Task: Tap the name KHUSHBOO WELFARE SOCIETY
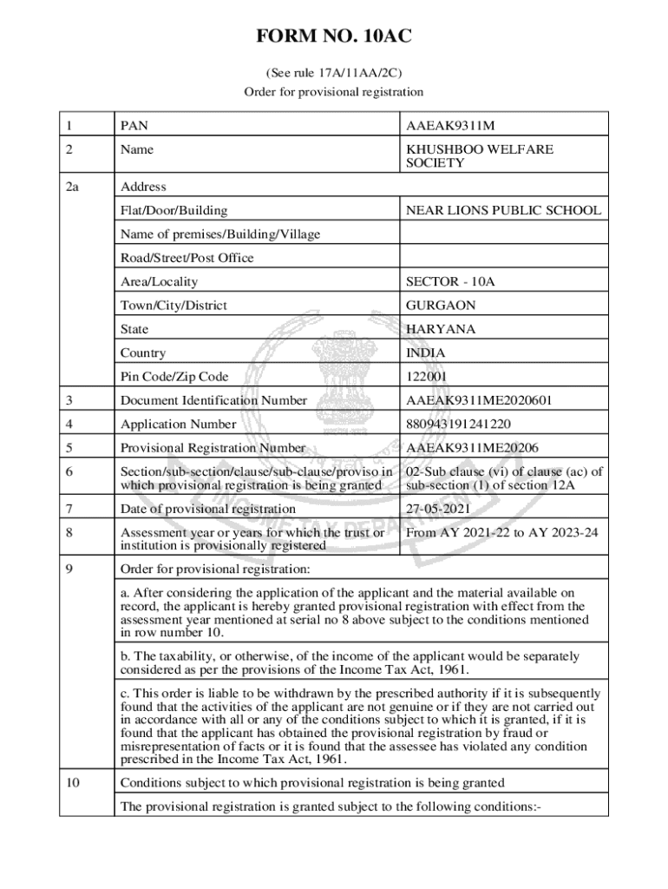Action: point(479,156)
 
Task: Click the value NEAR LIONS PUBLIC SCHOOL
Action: point(503,210)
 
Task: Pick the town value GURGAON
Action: point(441,306)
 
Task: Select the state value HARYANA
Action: point(439,329)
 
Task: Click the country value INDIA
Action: point(425,353)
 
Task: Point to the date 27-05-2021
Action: point(439,508)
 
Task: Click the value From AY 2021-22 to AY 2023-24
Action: point(501,532)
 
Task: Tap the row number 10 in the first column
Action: point(73,783)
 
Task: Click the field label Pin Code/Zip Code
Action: point(174,377)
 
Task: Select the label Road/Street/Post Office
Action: point(187,258)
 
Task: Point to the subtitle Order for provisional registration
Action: point(333,91)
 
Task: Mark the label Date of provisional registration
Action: point(208,508)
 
